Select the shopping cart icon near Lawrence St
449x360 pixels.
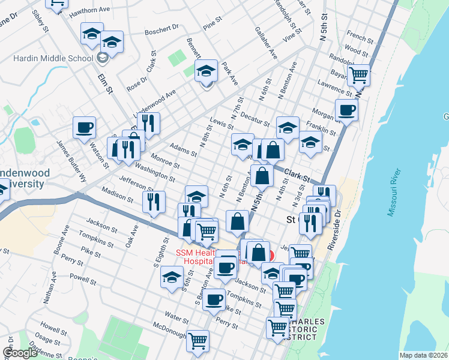coord(358,76)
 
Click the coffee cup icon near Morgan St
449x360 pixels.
coord(346,110)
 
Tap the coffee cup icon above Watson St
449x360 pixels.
coord(84,127)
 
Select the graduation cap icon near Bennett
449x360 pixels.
coord(206,71)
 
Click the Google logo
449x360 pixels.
coord(20,353)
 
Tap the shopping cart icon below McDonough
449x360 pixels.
coord(197,341)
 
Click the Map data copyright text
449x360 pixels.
coord(424,355)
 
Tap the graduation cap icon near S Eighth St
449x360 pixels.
coord(171,278)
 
